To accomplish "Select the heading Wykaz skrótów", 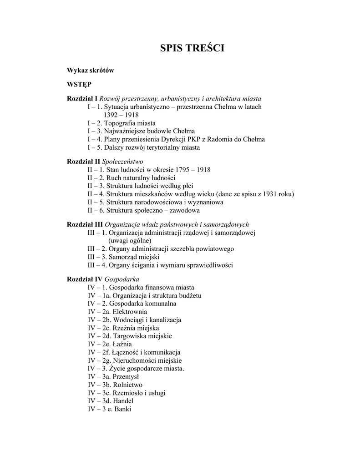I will tap(90, 71).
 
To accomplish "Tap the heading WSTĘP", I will tap(79, 84).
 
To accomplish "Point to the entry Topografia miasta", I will tap(130, 123).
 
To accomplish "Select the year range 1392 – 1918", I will tap(121, 115).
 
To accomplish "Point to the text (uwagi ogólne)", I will tap(130, 240).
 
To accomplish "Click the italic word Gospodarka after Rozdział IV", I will tap(122, 279).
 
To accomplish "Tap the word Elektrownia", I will tap(130, 311).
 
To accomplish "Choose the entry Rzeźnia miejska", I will tap(136, 328).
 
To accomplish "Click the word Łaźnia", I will tap(122, 344).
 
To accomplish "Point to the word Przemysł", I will tap(126, 377).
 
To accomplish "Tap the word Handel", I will tap(125, 401).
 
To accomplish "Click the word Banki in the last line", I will tap(123, 410).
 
